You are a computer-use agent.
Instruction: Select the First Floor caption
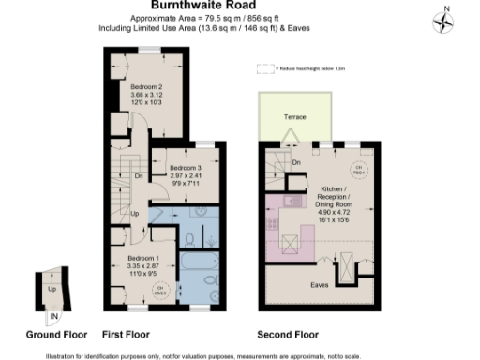click(x=127, y=334)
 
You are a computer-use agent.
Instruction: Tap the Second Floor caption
click(x=288, y=334)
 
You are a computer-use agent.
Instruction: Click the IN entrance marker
click(x=53, y=316)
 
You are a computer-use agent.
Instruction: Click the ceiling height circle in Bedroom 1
click(x=159, y=289)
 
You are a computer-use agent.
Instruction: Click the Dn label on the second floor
click(x=295, y=164)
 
